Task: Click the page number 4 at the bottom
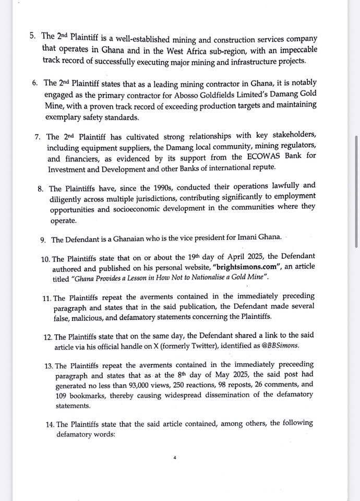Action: (175, 458)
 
